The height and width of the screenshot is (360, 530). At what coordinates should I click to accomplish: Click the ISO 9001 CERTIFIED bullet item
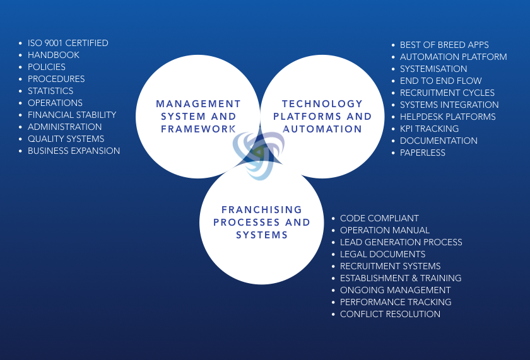[68, 44]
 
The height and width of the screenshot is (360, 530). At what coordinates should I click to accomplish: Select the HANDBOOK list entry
[54, 55]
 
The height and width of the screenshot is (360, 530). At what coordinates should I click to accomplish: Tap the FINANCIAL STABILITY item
[72, 115]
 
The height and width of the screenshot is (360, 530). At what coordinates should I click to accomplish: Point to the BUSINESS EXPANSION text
[74, 151]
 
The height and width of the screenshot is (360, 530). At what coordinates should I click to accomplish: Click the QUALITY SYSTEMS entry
[66, 139]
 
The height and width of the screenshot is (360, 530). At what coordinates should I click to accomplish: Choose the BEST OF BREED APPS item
[444, 45]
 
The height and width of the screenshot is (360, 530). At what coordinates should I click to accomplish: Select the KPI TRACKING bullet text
[429, 129]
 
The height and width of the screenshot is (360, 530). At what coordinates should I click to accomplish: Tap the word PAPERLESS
[423, 153]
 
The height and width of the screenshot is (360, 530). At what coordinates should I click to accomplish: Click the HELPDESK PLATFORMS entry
[448, 117]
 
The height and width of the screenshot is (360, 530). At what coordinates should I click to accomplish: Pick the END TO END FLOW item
[441, 81]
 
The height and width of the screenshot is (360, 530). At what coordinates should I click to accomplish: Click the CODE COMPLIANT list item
[379, 218]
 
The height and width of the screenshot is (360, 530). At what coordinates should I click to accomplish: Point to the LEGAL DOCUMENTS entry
[382, 254]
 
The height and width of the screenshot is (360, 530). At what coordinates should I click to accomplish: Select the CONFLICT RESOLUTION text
[390, 314]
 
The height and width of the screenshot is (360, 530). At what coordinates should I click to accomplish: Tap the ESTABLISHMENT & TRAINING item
[401, 278]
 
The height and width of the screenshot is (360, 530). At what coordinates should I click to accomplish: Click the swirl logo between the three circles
[259, 154]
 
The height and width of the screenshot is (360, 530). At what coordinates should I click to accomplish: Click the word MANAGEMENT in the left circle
[198, 103]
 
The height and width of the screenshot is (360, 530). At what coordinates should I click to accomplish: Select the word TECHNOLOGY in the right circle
[322, 103]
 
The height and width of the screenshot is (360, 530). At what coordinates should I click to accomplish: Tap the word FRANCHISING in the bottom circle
[262, 210]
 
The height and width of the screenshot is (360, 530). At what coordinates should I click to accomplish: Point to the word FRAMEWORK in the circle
[198, 129]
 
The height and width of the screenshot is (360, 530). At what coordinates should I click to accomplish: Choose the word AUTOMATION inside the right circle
[322, 129]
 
